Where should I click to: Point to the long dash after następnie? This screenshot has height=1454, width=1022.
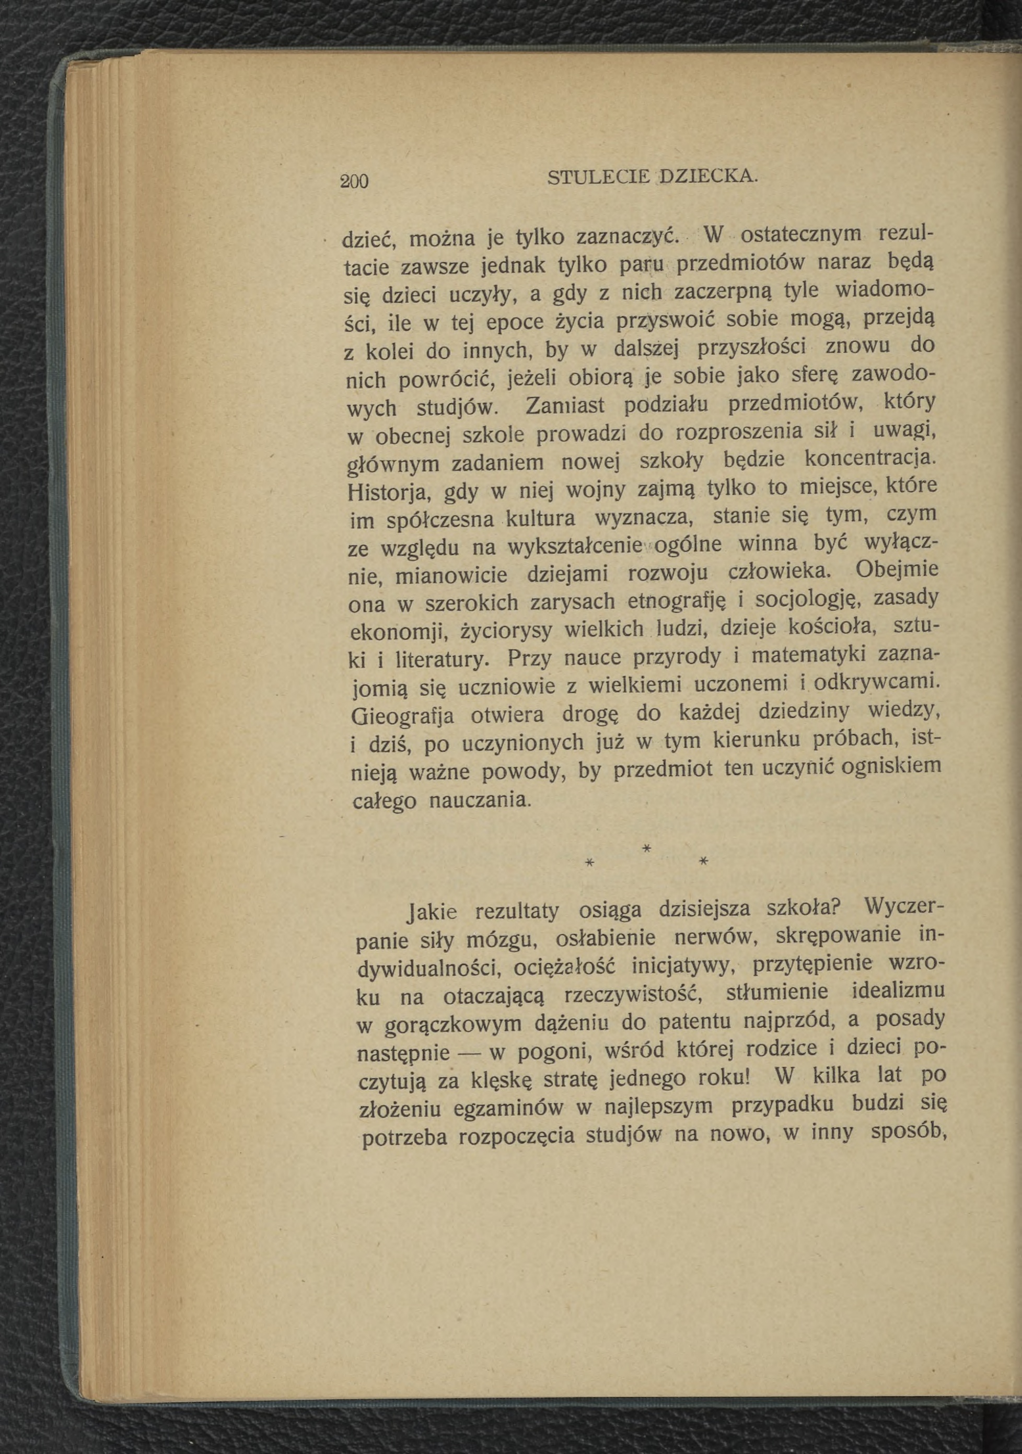(469, 1054)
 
